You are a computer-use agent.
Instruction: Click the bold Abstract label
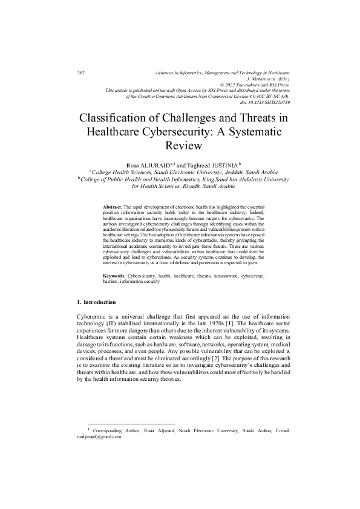pyautogui.click(x=113, y=207)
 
